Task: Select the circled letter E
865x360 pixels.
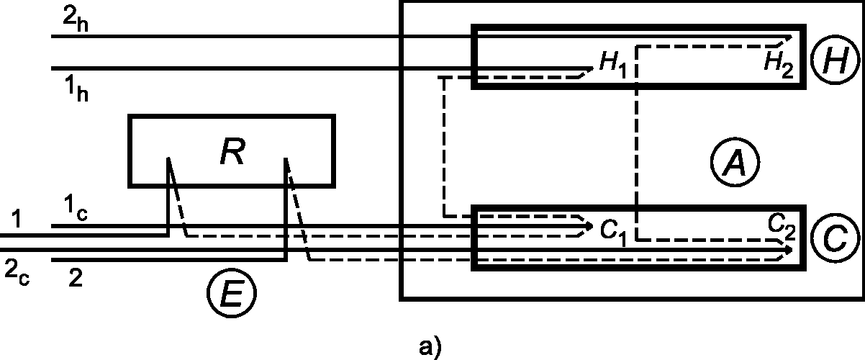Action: (231, 294)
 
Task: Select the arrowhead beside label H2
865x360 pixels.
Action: (789, 37)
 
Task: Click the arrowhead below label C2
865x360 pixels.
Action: (789, 250)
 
